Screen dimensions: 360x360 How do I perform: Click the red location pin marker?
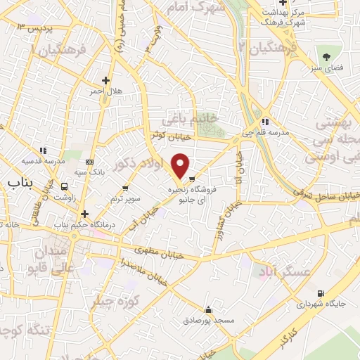pyautogui.click(x=181, y=165)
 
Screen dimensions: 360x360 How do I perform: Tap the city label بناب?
pyautogui.click(x=21, y=184)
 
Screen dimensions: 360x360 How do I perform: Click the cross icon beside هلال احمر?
pyautogui.click(x=106, y=80)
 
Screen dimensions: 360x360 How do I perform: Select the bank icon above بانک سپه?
pyautogui.click(x=89, y=161)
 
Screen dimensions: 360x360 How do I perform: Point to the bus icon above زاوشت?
pyautogui.click(x=65, y=186)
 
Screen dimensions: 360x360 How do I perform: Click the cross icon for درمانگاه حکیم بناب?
pyautogui.click(x=84, y=214)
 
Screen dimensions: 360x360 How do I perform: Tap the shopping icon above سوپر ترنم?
pyautogui.click(x=125, y=188)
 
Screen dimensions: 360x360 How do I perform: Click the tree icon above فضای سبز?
pyautogui.click(x=326, y=55)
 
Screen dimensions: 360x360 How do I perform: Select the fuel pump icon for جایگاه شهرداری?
pyautogui.click(x=321, y=293)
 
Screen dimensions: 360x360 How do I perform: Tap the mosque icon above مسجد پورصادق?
pyautogui.click(x=208, y=309)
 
